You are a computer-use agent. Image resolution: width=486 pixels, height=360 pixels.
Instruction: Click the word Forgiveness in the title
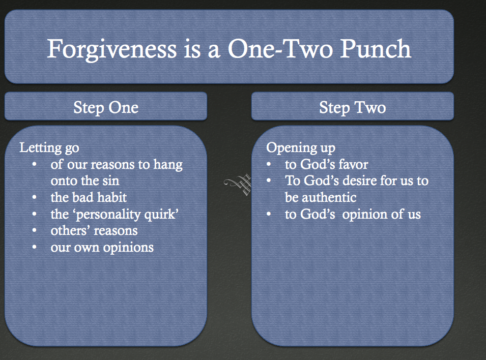click(112, 49)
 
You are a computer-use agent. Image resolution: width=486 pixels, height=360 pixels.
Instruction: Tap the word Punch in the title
click(376, 48)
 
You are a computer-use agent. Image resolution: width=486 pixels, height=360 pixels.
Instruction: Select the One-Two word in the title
click(281, 48)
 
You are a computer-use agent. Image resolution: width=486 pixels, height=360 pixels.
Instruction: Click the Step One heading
click(106, 108)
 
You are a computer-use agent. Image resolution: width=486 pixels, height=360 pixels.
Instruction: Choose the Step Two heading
click(352, 108)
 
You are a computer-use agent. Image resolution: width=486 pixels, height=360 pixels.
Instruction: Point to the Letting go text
click(49, 148)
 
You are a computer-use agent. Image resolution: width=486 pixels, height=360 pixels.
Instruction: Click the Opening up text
click(301, 148)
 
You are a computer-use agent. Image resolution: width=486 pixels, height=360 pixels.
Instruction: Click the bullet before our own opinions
click(35, 247)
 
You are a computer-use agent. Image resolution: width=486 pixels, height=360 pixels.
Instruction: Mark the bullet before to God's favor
click(269, 165)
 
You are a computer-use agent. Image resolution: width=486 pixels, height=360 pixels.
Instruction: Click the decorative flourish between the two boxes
click(238, 185)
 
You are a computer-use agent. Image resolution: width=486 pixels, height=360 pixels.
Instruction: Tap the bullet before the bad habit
click(35, 197)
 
